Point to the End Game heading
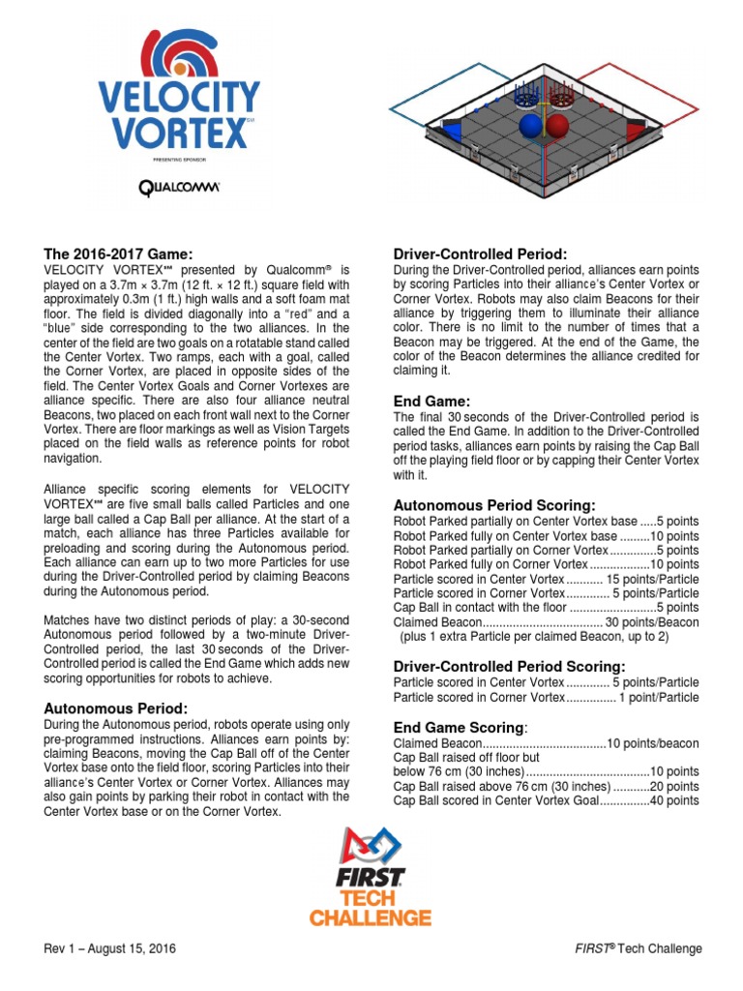point(431,400)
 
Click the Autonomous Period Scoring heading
point(493,505)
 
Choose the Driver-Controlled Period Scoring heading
point(509,666)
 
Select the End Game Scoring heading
point(460,727)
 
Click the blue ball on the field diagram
point(530,126)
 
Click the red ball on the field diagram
point(559,126)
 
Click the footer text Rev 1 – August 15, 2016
point(109,948)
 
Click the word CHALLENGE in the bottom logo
point(371,916)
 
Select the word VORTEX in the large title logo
point(172,128)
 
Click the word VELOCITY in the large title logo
point(180,97)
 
